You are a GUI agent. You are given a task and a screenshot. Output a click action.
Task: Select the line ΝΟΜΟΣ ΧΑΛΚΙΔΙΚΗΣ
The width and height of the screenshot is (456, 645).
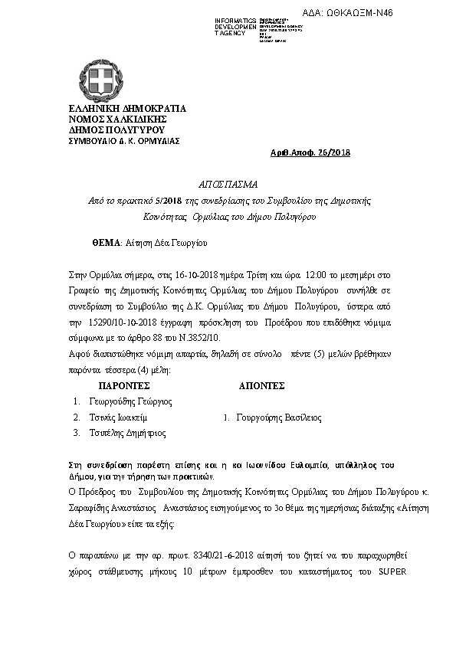point(108,120)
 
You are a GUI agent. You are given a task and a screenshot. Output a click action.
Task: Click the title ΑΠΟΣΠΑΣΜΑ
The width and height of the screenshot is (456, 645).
point(228,185)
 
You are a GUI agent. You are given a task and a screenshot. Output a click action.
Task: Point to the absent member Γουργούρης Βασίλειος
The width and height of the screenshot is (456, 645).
point(277,418)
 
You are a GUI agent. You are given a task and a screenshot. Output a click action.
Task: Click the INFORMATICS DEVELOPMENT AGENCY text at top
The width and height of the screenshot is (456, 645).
point(235,26)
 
